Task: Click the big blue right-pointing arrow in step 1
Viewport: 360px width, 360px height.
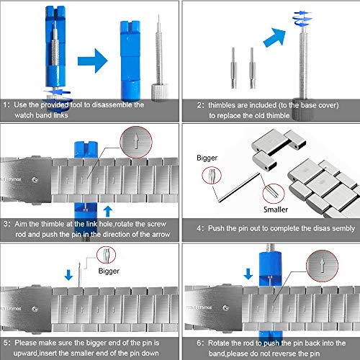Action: click(x=92, y=61)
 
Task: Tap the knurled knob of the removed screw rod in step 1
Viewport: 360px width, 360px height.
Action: click(x=160, y=92)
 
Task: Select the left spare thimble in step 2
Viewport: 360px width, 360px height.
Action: click(x=234, y=68)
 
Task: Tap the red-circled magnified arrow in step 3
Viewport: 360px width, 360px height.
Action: click(x=136, y=142)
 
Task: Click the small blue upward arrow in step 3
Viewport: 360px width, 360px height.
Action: click(x=108, y=212)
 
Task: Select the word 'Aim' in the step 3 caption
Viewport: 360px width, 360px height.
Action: click(x=20, y=224)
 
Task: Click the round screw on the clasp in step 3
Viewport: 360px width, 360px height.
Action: click(x=35, y=180)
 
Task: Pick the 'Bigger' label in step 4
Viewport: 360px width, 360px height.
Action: click(x=207, y=158)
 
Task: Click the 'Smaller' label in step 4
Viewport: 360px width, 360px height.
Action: click(x=276, y=210)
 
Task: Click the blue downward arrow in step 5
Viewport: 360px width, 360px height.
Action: click(x=68, y=275)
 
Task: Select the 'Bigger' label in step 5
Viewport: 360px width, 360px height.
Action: click(x=109, y=271)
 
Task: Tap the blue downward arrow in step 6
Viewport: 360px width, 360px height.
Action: click(x=248, y=274)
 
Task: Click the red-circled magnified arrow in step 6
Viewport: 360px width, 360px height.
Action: click(x=322, y=266)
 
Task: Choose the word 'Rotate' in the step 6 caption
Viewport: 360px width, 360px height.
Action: click(x=219, y=343)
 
